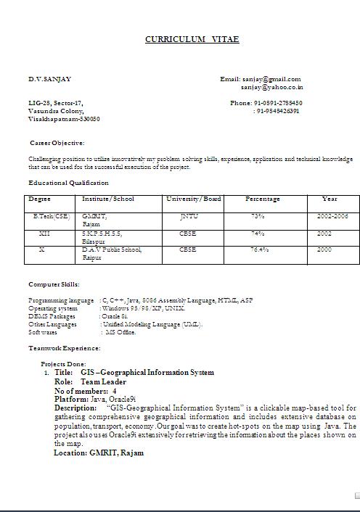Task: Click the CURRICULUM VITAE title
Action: pos(192,39)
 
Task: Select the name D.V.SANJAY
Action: pos(50,79)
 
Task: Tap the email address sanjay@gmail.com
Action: pos(271,79)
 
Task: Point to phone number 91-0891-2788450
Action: pos(277,103)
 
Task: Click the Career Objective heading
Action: pos(57,143)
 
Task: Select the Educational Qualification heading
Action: pos(68,183)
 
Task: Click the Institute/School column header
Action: pos(108,199)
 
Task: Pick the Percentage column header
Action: pos(262,199)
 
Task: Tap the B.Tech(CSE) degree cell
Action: pos(52,216)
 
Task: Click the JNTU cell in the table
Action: pos(189,216)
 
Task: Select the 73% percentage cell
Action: pos(258,216)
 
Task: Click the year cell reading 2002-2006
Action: pos(332,216)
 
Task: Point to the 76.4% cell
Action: pos(260,249)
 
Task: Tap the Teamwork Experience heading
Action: pos(65,348)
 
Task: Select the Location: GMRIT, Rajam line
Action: pos(99,453)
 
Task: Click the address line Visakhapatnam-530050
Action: pos(65,119)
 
